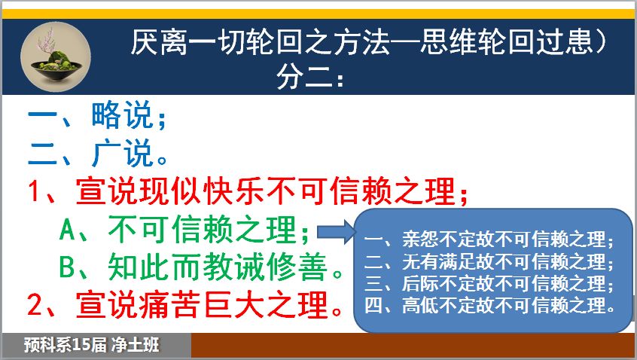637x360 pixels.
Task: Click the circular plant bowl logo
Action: coord(56,57)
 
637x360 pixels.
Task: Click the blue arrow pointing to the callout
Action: coord(337,232)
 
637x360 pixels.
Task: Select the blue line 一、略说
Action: coord(97,115)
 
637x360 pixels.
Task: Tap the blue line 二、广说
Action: coord(97,153)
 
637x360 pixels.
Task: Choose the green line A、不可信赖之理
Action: coord(184,230)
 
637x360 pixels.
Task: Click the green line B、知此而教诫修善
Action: coord(201,267)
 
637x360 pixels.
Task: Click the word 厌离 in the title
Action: coord(160,41)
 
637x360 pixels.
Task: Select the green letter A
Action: coord(68,230)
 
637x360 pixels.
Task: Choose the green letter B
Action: coord(67,267)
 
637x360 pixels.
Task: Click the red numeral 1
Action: coord(34,191)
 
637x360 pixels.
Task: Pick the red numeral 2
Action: coord(35,305)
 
